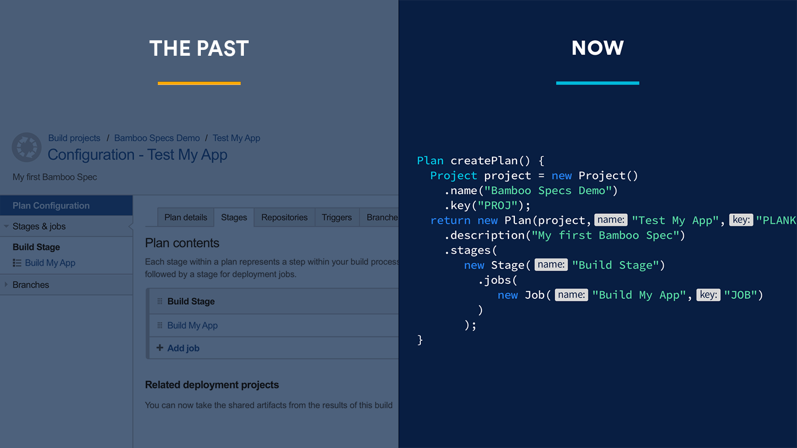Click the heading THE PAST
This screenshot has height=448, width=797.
(199, 48)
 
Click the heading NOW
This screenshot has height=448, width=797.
(597, 48)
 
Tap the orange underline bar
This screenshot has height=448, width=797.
(199, 83)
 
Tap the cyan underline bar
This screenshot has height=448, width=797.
(598, 83)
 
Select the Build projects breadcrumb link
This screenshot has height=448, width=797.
(74, 138)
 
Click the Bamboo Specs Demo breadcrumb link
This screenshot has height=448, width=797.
(157, 138)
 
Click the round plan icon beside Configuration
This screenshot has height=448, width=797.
(27, 147)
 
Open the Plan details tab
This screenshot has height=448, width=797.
(186, 217)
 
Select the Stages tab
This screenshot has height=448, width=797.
(234, 217)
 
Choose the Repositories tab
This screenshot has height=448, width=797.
(284, 217)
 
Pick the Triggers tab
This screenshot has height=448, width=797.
(336, 217)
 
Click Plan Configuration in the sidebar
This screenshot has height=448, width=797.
(51, 205)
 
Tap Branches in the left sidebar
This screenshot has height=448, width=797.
(31, 285)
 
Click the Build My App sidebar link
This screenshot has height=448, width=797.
(50, 263)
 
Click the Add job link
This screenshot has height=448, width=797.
(183, 348)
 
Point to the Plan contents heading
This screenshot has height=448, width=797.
(182, 243)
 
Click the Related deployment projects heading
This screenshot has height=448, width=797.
(211, 385)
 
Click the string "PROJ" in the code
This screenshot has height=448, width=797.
(497, 205)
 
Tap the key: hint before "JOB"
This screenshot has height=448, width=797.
(708, 295)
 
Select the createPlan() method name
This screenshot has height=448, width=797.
(490, 161)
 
